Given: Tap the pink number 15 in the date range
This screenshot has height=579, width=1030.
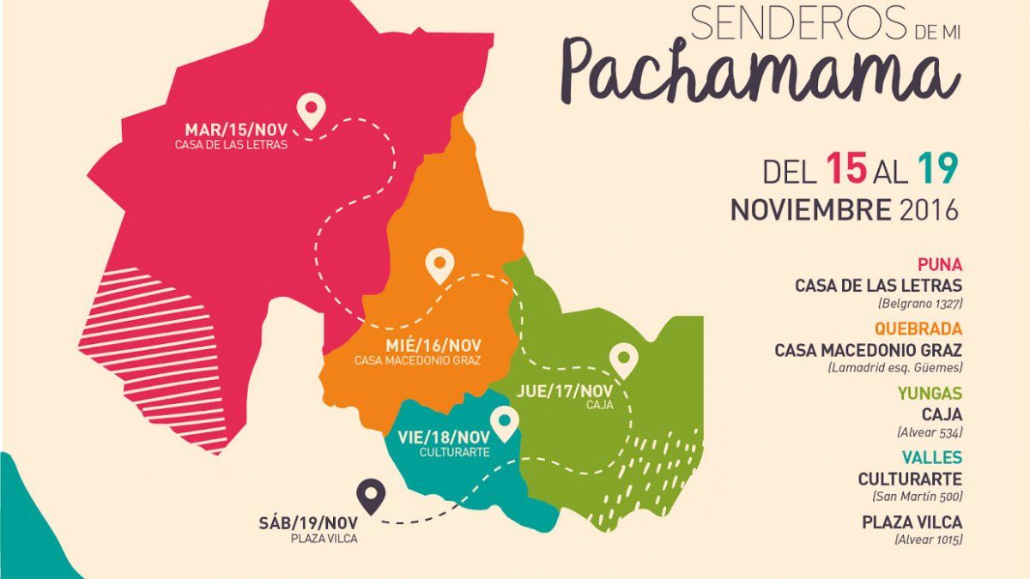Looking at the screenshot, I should click(845, 170).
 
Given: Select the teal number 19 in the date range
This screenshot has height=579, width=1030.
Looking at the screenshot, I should click(936, 170).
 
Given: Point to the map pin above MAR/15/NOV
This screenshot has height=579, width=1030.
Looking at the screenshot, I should click(311, 111).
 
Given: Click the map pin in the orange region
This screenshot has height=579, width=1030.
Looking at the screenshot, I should click(440, 265).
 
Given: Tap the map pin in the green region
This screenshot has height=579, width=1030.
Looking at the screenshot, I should click(624, 359).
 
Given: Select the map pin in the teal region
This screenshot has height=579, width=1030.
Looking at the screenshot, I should click(504, 422).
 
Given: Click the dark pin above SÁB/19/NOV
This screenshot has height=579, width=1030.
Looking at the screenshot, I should click(370, 497).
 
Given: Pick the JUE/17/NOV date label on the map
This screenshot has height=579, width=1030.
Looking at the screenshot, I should click(565, 390).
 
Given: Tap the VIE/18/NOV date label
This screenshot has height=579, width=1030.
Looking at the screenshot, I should click(443, 436).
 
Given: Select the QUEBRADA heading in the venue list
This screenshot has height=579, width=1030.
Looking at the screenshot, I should click(918, 329).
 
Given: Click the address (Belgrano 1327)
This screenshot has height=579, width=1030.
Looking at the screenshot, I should click(919, 304).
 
